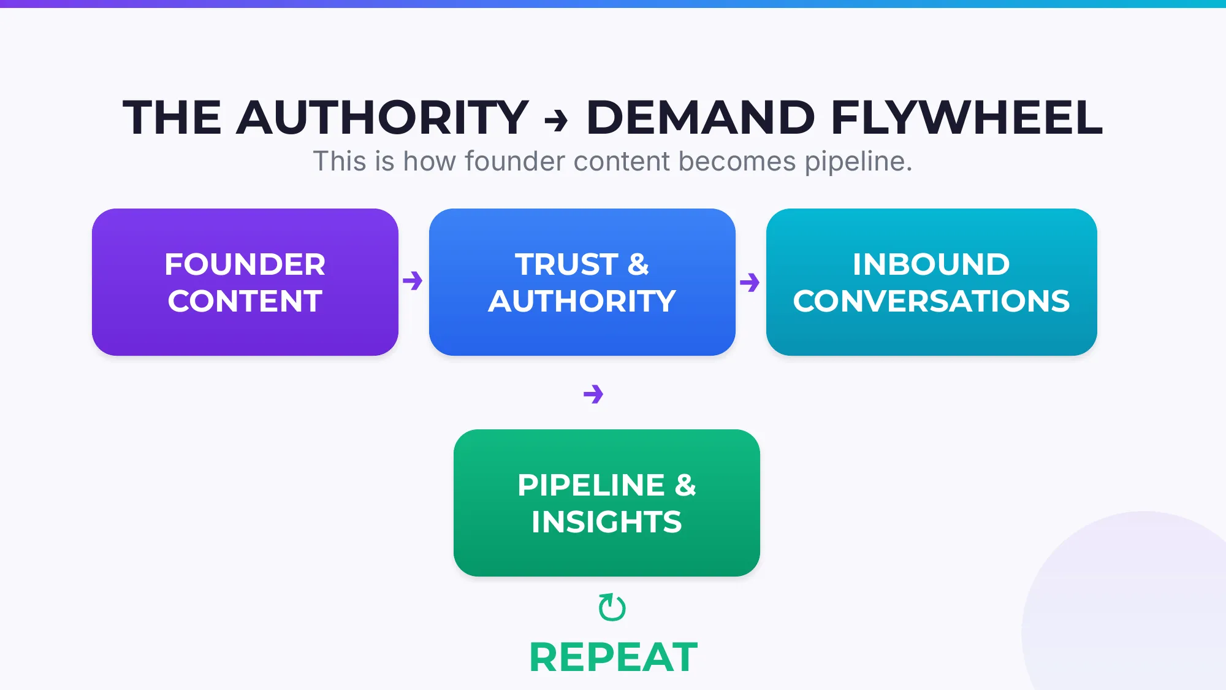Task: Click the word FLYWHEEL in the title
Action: [967, 117]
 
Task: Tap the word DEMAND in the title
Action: [700, 117]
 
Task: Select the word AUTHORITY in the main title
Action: [382, 117]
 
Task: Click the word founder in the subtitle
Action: [514, 161]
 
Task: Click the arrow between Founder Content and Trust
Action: [413, 281]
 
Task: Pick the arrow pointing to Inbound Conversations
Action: [750, 282]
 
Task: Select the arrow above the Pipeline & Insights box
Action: [593, 394]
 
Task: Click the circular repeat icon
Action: [612, 607]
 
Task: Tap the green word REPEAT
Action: [613, 657]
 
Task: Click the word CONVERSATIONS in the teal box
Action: [931, 301]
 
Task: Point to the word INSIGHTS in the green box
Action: [606, 522]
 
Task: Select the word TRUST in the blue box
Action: [566, 264]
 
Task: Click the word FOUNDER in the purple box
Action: [245, 264]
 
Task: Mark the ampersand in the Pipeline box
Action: [685, 485]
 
